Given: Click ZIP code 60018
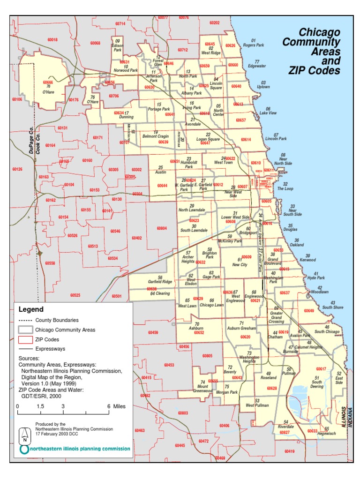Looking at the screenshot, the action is (x=52, y=40).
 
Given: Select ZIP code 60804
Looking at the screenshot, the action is (x=162, y=228).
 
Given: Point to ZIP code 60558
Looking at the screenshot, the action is (x=50, y=263).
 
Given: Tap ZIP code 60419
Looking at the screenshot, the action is (x=289, y=451).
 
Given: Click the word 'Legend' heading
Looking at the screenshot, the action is (x=31, y=309).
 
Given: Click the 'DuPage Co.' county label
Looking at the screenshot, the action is (x=31, y=142).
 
